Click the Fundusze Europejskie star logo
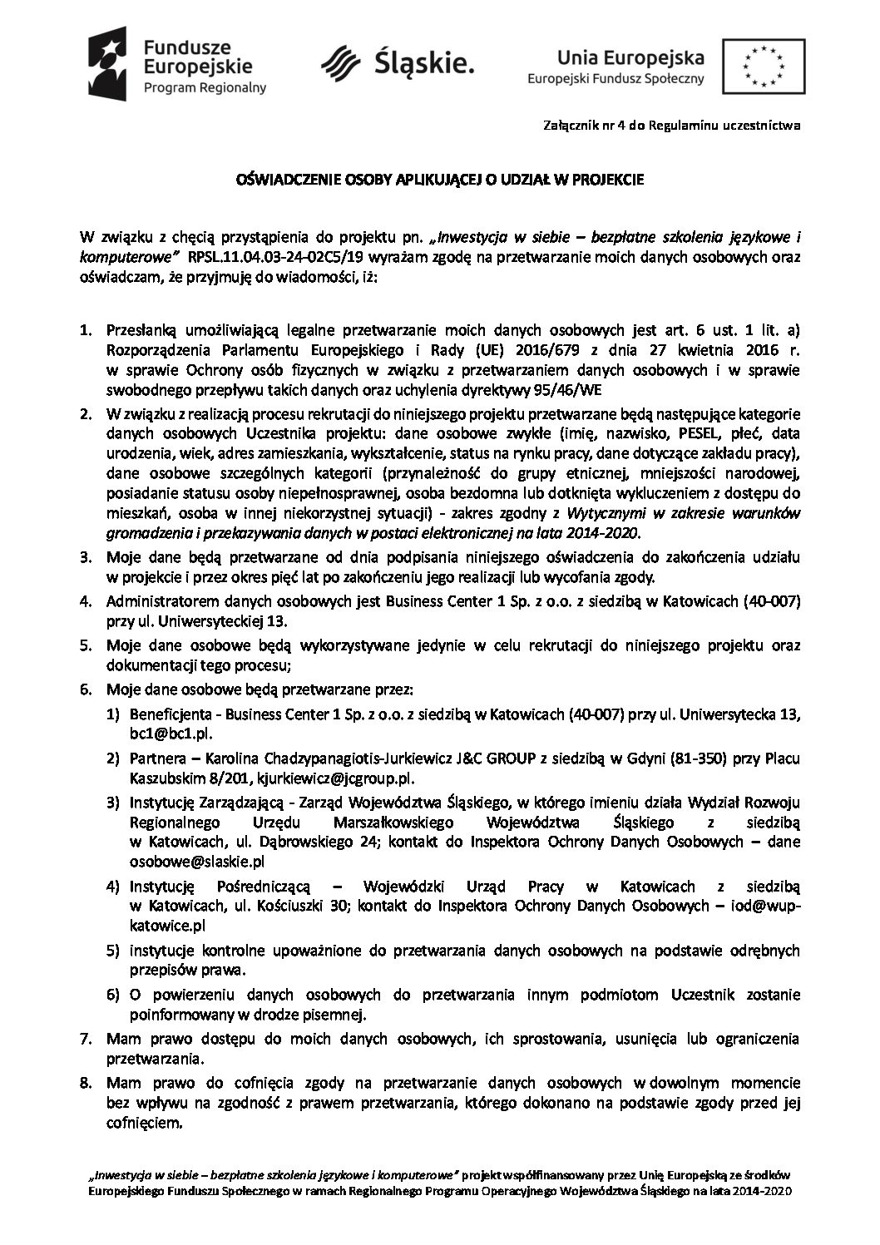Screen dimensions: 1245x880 coord(113,63)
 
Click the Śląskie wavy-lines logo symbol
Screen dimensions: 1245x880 coord(341,63)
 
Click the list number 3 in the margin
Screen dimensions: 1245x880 coord(85,556)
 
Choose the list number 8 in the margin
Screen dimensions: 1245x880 coord(85,1083)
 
